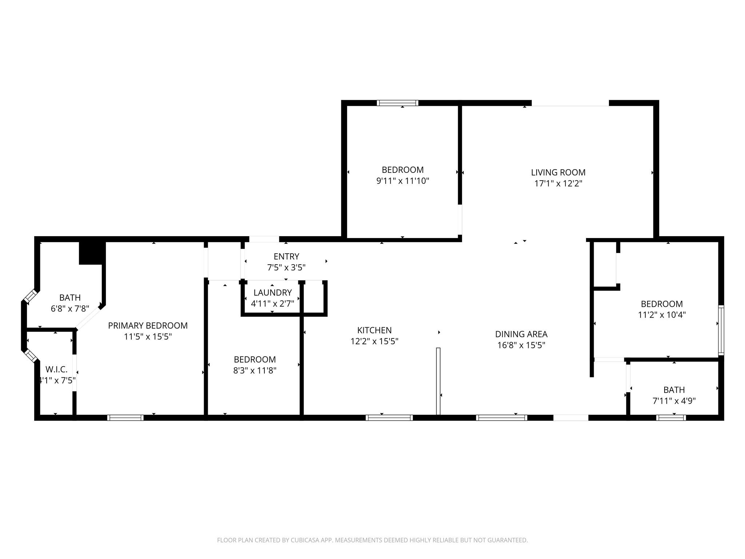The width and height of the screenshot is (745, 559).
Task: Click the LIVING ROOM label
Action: click(x=558, y=173)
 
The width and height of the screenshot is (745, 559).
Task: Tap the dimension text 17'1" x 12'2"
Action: click(x=558, y=183)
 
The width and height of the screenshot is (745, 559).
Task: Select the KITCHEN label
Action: click(x=374, y=330)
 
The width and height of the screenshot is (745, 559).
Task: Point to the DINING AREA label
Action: click(x=521, y=334)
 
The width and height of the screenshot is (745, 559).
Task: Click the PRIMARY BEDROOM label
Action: click(x=148, y=326)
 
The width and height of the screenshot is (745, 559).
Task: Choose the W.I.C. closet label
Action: click(x=56, y=369)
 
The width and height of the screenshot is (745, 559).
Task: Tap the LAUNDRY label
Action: click(x=272, y=293)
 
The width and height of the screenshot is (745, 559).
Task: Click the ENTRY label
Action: click(x=286, y=256)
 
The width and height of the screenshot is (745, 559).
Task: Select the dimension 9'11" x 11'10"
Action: click(x=402, y=181)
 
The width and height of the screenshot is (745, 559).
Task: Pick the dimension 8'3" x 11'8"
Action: click(x=255, y=370)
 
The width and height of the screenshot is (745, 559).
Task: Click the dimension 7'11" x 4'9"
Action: click(x=674, y=401)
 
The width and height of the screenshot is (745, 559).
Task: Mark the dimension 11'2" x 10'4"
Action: click(x=661, y=315)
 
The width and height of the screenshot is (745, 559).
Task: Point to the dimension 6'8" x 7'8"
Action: click(x=70, y=309)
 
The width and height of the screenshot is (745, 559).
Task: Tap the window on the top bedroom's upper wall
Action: click(x=397, y=103)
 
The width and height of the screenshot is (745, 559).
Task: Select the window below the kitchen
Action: click(x=389, y=418)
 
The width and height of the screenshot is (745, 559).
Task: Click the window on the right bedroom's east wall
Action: click(x=721, y=330)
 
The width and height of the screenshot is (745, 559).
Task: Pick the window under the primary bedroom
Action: click(x=125, y=418)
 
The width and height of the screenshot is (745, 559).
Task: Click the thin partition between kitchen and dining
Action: click(x=438, y=381)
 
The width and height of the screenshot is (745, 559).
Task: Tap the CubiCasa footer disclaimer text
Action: click(x=372, y=540)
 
